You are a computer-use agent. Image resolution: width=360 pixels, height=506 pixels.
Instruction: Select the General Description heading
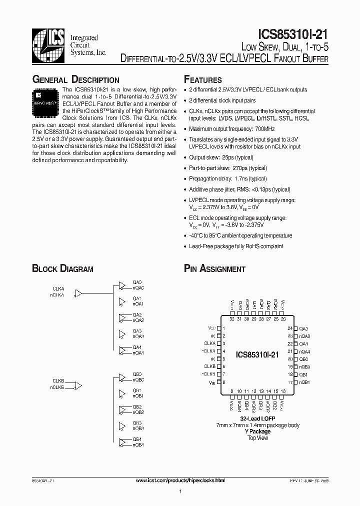click(x=75, y=80)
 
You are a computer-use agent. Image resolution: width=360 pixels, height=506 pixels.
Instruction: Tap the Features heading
click(x=202, y=80)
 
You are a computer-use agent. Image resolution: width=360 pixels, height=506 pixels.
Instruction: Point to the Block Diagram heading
click(x=62, y=268)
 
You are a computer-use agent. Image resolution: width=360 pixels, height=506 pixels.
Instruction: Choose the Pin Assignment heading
click(x=214, y=268)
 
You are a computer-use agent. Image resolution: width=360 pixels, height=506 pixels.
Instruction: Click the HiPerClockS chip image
click(x=45, y=100)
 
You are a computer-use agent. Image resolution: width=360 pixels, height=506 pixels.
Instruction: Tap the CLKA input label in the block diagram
click(x=58, y=289)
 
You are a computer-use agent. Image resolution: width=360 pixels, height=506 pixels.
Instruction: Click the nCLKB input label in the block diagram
click(x=57, y=387)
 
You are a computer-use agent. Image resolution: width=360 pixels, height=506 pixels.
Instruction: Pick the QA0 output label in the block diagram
click(x=137, y=282)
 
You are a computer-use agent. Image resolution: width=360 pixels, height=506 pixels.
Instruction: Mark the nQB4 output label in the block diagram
click(x=138, y=444)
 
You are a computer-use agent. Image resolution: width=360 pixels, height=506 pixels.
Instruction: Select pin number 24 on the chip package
click(x=289, y=328)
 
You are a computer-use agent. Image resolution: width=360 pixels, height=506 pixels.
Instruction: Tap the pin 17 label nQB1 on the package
click(x=305, y=382)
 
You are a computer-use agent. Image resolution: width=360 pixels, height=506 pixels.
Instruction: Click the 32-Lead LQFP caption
click(x=257, y=418)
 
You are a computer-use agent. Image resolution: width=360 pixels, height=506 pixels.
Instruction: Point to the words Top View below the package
click(x=258, y=438)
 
